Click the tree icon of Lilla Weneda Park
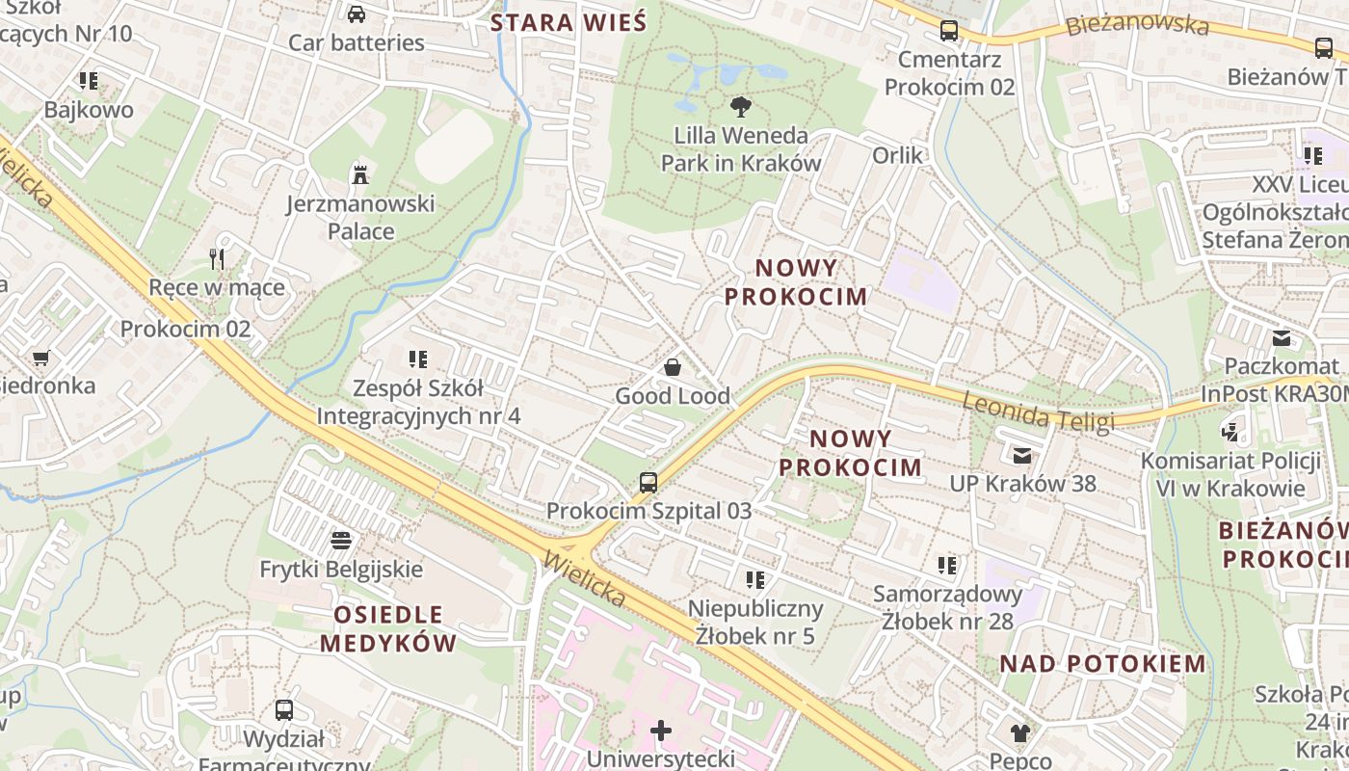coord(740,106)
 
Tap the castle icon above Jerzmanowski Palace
coord(360,174)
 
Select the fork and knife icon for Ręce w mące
coord(217,258)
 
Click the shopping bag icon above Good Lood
coord(673,367)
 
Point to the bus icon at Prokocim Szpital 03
coord(648,482)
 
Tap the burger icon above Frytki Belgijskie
coord(340,540)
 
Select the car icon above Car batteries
coord(357,13)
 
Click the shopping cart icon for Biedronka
coord(40,358)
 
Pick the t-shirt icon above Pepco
coord(1020,732)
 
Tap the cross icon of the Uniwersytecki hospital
coord(661,731)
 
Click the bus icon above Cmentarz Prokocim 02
coord(949,31)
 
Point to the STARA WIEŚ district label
coord(569,23)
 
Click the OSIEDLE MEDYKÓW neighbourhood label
coord(388,628)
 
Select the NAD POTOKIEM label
coord(1102,663)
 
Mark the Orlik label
coord(897,155)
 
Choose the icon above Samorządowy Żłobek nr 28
coord(947,565)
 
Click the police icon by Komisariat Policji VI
coord(1230,432)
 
